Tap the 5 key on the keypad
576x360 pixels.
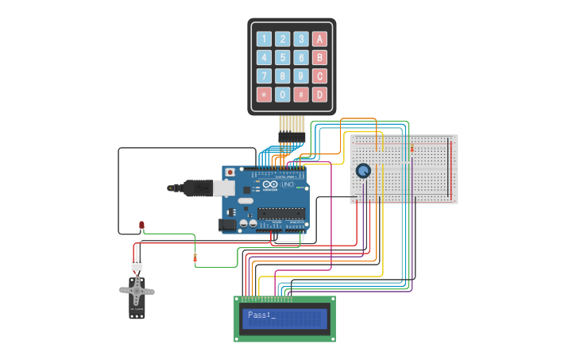(x=282, y=57)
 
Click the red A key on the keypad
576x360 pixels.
(x=319, y=38)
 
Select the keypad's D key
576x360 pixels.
(x=319, y=95)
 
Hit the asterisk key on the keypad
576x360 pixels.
(x=263, y=95)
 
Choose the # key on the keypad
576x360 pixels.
(x=300, y=95)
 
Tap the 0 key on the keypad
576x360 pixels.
(x=282, y=95)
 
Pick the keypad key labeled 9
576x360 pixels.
(x=300, y=76)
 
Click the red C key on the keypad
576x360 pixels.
(x=319, y=76)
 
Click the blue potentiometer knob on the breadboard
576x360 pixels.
(x=363, y=170)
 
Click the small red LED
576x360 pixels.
(x=141, y=226)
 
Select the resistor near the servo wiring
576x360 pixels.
(x=195, y=257)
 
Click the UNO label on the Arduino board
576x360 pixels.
(x=288, y=185)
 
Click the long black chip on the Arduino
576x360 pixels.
(x=280, y=213)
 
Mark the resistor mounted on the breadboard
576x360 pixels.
(x=412, y=148)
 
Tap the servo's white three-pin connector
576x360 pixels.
(x=137, y=265)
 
